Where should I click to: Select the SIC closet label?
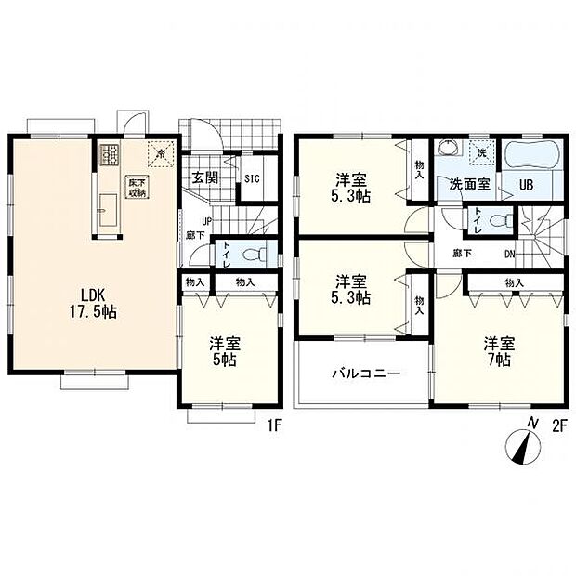coord(252,179)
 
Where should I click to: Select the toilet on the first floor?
coord(251,253)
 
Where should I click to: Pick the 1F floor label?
coord(274,426)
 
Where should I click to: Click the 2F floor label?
coord(559,426)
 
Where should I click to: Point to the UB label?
coord(525,184)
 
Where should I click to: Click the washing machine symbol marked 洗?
coord(482,151)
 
